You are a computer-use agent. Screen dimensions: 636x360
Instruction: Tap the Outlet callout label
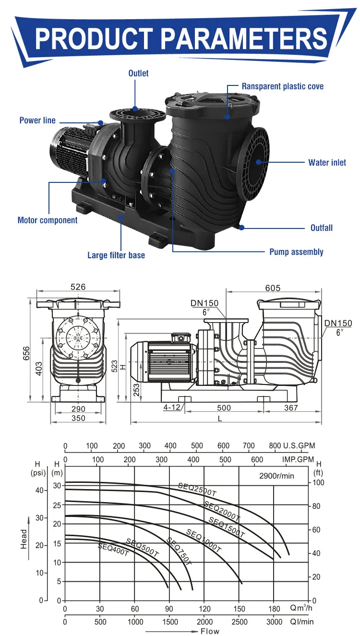[x=138, y=73]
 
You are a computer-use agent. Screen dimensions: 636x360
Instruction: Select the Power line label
[x=37, y=120]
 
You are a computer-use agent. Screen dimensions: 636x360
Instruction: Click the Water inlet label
[x=327, y=163]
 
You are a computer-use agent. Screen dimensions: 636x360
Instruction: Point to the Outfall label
[x=321, y=228]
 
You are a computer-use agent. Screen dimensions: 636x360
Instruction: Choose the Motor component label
[x=48, y=220]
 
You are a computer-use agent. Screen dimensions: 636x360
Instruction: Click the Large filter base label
[x=116, y=255]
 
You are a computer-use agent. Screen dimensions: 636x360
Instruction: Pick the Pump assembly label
[x=296, y=252]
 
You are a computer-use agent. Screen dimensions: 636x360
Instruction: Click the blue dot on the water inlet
[x=259, y=162]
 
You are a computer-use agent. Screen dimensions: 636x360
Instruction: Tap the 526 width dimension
[x=78, y=287]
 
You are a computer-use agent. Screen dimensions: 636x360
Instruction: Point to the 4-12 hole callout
[x=171, y=408]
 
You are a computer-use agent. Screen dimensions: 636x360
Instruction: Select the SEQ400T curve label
[x=113, y=550]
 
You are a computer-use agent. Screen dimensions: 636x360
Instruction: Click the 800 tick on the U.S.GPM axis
[x=275, y=446]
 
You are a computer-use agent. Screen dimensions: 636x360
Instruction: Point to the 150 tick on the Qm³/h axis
[x=239, y=609]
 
